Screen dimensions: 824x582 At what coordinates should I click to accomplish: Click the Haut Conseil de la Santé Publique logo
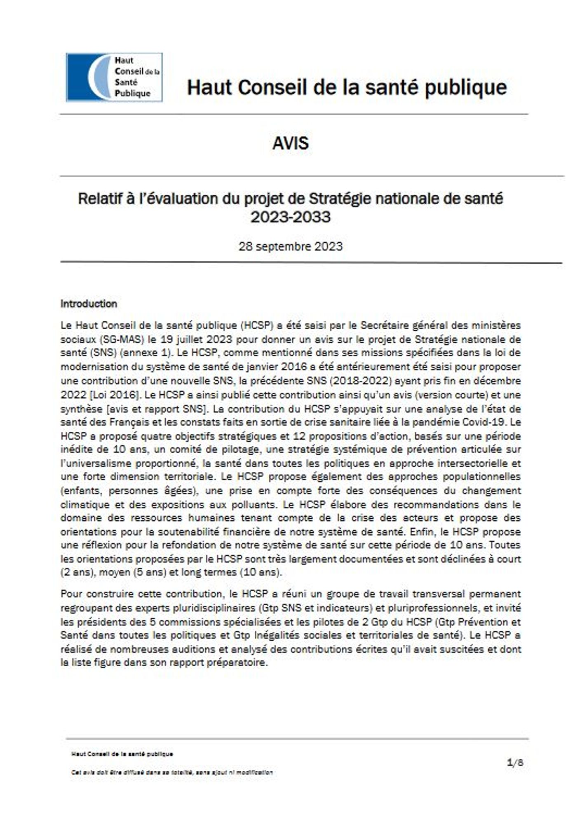pyautogui.click(x=114, y=77)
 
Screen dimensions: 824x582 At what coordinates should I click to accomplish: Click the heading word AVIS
pyautogui.click(x=291, y=143)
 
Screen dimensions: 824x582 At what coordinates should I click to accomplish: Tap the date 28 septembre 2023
pyautogui.click(x=291, y=246)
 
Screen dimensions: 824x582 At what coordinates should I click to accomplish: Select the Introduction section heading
pyautogui.click(x=89, y=304)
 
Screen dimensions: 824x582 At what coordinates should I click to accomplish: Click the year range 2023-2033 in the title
pyautogui.click(x=291, y=217)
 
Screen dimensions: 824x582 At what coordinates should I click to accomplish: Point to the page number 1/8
pyautogui.click(x=515, y=762)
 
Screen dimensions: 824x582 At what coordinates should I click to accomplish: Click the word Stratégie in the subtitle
pyautogui.click(x=334, y=199)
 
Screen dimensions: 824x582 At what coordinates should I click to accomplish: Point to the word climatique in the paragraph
pyautogui.click(x=85, y=504)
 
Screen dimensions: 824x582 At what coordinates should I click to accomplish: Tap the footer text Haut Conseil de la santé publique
pyautogui.click(x=122, y=754)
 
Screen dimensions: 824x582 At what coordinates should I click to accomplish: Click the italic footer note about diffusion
pyautogui.click(x=172, y=772)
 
